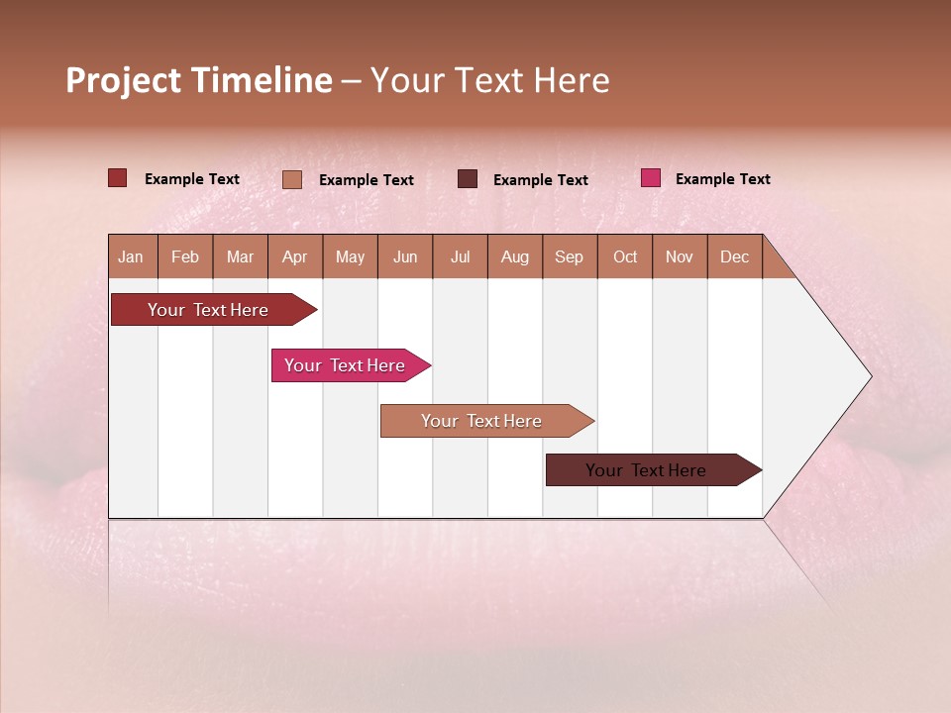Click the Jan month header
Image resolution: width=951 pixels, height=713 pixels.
point(131,257)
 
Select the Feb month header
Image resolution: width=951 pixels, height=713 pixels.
point(185,257)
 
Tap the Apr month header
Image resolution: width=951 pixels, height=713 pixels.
point(294,257)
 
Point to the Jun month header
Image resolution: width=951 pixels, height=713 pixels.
point(405,257)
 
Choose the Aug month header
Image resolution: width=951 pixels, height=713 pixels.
point(514,257)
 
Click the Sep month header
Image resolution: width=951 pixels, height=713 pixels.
point(569,257)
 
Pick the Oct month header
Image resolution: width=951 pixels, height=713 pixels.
point(625,257)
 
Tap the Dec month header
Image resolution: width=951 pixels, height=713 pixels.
point(734,257)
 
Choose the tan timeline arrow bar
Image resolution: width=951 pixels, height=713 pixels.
point(482,421)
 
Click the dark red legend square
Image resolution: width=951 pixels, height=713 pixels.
point(117,178)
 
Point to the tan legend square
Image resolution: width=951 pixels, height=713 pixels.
point(292,179)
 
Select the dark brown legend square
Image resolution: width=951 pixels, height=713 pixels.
point(468,178)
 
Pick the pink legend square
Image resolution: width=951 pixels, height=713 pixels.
point(651,178)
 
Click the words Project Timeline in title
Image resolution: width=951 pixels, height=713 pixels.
point(198,80)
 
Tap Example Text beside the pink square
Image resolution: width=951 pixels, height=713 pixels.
point(722,179)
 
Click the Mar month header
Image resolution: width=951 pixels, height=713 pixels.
point(240,257)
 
